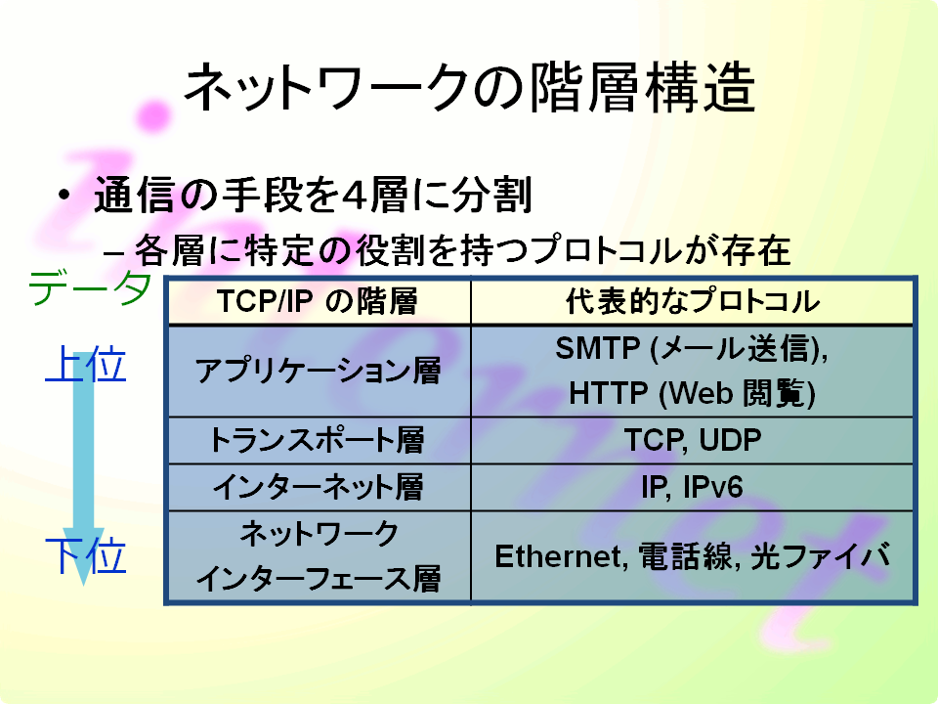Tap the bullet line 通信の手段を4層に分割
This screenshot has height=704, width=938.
pyautogui.click(x=313, y=195)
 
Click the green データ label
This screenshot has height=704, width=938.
pyautogui.click(x=90, y=287)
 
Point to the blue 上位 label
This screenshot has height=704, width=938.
pyautogui.click(x=86, y=364)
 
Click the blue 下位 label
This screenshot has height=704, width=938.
pyautogui.click(x=86, y=555)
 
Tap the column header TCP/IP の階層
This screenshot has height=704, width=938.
pyautogui.click(x=318, y=301)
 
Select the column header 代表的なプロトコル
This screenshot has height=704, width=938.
pyautogui.click(x=693, y=301)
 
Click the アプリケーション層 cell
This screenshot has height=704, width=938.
pyautogui.click(x=319, y=371)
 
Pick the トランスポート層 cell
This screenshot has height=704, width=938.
pyautogui.click(x=317, y=440)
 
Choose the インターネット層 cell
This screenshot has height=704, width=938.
pyautogui.click(x=319, y=487)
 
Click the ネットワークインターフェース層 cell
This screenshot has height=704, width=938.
pyautogui.click(x=319, y=556)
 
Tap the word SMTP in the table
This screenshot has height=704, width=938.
pyautogui.click(x=598, y=348)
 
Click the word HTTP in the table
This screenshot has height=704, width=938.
pyautogui.click(x=609, y=393)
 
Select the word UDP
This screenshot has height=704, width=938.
pyautogui.click(x=730, y=440)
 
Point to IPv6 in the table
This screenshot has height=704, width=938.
pyautogui.click(x=713, y=487)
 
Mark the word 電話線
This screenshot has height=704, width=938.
pyautogui.click(x=686, y=556)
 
